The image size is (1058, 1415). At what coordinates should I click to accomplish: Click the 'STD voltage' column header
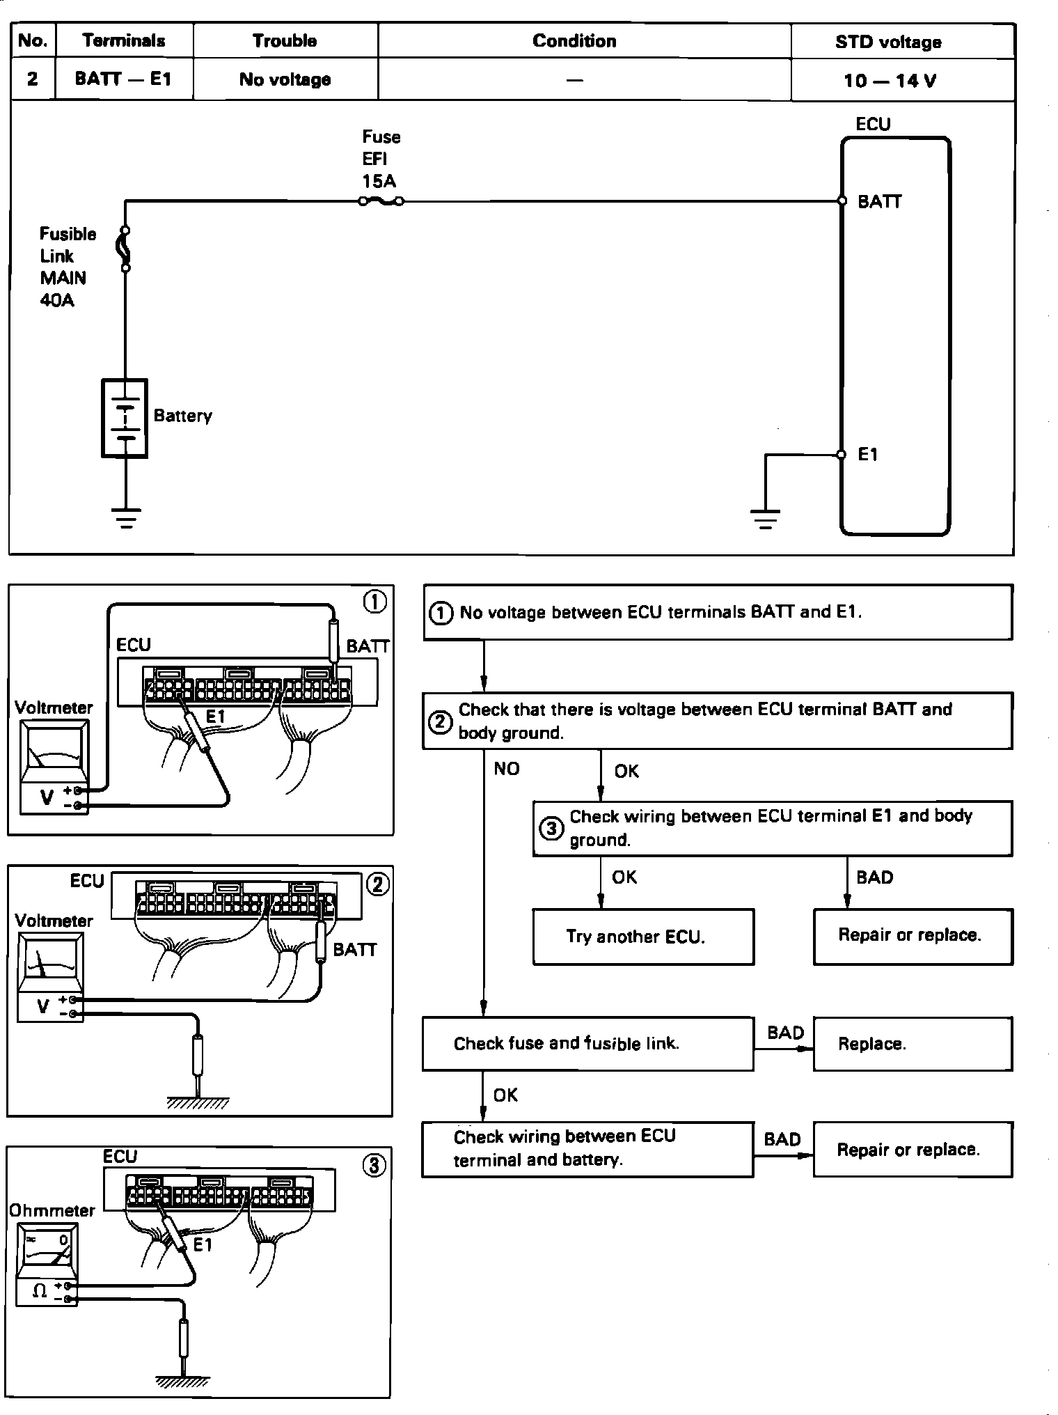tap(888, 42)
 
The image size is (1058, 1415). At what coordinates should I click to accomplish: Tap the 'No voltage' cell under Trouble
tap(285, 79)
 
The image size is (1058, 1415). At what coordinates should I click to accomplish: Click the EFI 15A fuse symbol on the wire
tap(380, 202)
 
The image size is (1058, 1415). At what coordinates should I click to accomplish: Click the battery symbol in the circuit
tap(125, 418)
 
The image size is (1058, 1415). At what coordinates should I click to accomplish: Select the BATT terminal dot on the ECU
tap(842, 201)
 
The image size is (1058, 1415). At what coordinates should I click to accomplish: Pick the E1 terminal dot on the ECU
tap(842, 455)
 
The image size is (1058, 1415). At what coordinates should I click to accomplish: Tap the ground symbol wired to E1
tap(765, 519)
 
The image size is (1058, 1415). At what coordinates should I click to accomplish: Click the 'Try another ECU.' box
tap(643, 937)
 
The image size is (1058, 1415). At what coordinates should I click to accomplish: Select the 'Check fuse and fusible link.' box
tap(587, 1043)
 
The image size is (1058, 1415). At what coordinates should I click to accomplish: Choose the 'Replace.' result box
tap(913, 1043)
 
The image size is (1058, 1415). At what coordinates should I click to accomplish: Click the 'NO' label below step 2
tap(506, 769)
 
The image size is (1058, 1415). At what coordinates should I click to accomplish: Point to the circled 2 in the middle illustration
tap(377, 884)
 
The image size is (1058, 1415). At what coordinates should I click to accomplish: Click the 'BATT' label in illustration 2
tap(354, 950)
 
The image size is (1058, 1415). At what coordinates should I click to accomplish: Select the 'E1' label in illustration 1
tap(216, 716)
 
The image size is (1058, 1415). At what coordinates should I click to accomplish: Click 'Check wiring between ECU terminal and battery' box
tap(587, 1149)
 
